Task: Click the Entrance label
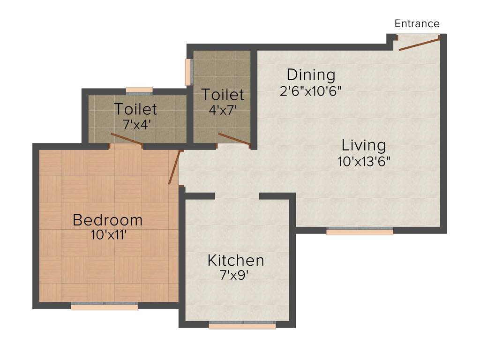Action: pos(417,23)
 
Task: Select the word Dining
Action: pos(311,75)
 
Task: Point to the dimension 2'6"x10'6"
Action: pos(310,90)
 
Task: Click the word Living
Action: pos(364,145)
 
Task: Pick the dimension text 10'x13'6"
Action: pos(364,161)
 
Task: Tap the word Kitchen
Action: pos(236,261)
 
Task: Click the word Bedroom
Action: pos(108,220)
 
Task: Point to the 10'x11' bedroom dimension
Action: pos(108,235)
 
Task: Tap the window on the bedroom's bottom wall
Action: pos(104,306)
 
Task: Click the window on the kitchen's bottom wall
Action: pos(242,325)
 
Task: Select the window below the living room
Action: pos(360,231)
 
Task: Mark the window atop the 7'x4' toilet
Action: pos(139,90)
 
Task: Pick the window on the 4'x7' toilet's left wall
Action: pos(188,72)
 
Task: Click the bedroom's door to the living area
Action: pos(174,167)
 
